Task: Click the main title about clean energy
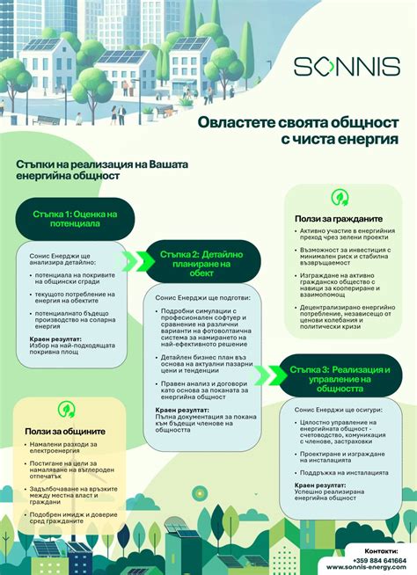coord(297,131)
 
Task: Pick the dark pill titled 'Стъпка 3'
coord(337,376)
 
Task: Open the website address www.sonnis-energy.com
coord(366,568)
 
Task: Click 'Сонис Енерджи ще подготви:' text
coord(194,298)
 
